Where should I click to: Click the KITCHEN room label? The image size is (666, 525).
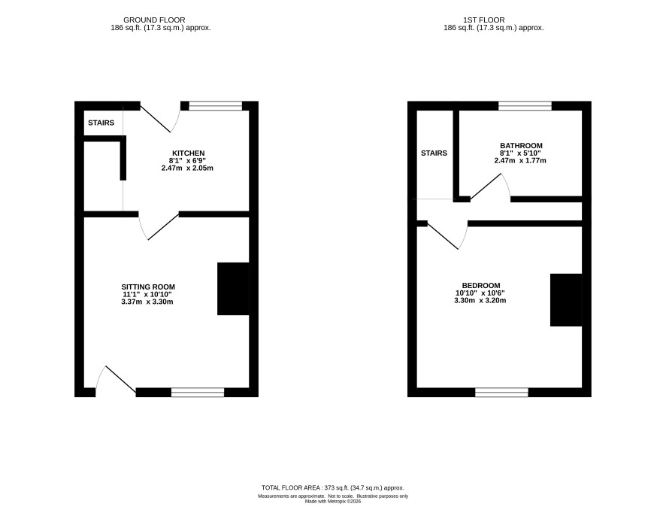[x=188, y=153]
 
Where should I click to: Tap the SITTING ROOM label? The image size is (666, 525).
[x=148, y=287]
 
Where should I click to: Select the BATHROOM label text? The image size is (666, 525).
[x=521, y=145]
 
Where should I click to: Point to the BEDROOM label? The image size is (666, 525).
[x=481, y=286]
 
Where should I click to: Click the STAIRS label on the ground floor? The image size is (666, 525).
[x=101, y=123]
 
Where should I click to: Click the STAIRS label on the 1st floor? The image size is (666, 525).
[x=434, y=153]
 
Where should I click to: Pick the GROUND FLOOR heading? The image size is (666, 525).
[x=154, y=20]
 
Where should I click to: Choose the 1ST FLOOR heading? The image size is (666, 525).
[x=484, y=20]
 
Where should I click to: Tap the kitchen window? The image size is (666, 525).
[x=215, y=106]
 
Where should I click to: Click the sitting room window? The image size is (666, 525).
[x=198, y=393]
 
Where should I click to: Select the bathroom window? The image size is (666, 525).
[x=525, y=106]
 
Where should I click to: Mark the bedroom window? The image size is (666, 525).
[x=501, y=393]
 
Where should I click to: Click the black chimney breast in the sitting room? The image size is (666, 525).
[x=233, y=289]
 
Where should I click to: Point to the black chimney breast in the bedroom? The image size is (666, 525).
[x=566, y=299]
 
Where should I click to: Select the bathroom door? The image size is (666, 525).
[x=490, y=187]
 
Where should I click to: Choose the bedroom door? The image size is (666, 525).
[x=448, y=235]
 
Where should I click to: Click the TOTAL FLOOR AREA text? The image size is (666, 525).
[x=333, y=488]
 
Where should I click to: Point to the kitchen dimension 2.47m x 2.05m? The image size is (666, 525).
[x=187, y=168]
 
